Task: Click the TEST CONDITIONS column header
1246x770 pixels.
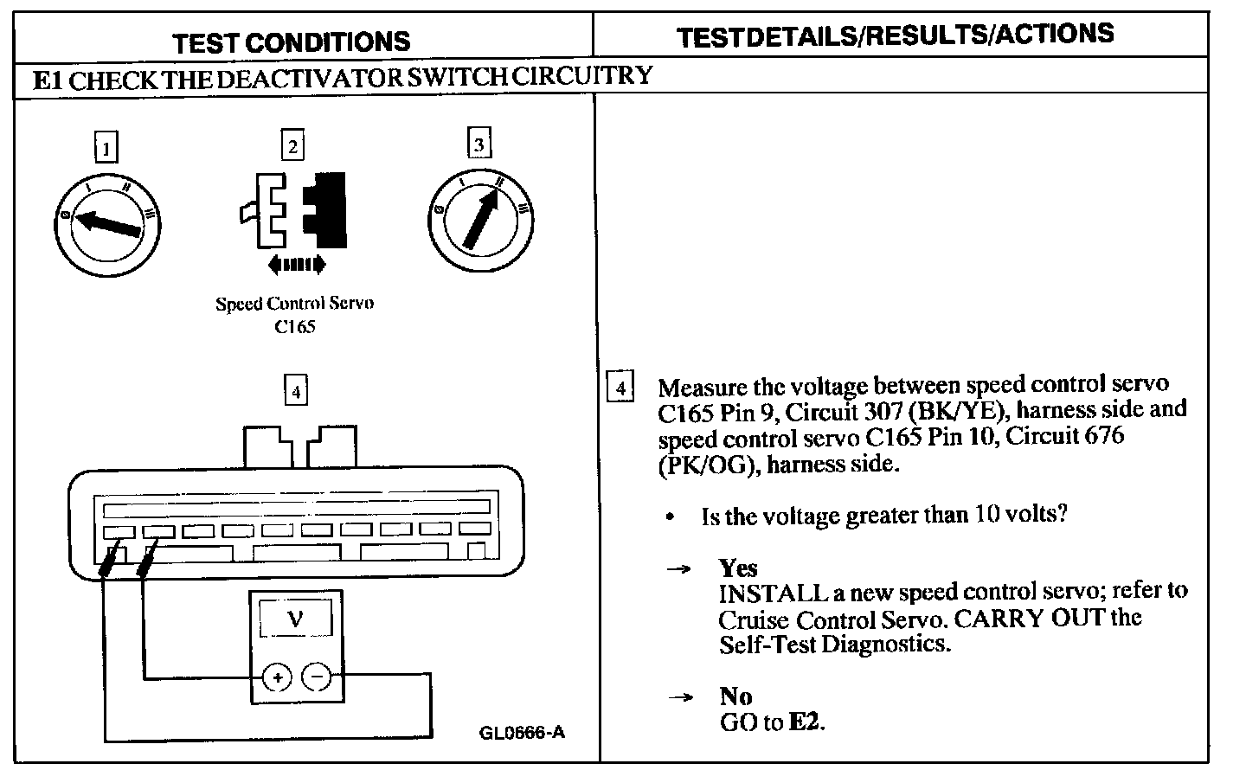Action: (x=291, y=42)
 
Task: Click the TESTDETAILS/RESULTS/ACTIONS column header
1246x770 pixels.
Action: (x=895, y=35)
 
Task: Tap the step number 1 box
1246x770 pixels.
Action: (x=106, y=148)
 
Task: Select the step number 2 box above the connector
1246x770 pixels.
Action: (x=293, y=145)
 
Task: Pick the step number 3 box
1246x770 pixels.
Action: (x=478, y=144)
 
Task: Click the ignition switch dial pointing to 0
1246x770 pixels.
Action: (x=107, y=225)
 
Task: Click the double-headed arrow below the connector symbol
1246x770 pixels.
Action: (x=297, y=263)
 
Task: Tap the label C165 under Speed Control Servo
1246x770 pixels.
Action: (x=295, y=327)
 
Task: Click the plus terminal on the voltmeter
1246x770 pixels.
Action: (x=276, y=678)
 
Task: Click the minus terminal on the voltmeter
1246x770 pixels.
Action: (x=318, y=678)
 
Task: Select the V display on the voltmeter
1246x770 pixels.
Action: (x=295, y=619)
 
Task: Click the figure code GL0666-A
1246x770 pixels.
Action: (x=522, y=732)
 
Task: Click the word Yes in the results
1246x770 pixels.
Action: (x=738, y=568)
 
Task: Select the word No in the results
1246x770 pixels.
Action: (x=735, y=696)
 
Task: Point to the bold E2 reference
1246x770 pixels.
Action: (x=806, y=722)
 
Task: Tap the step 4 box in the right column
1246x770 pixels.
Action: (x=620, y=387)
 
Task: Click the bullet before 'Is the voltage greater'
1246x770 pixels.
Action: (x=670, y=517)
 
